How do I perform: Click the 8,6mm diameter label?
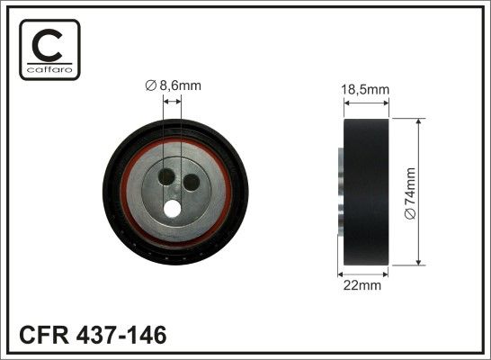(174, 85)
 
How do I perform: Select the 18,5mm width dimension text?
(365, 90)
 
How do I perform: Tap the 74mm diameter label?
(410, 193)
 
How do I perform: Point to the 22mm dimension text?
(362, 285)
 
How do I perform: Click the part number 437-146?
(121, 335)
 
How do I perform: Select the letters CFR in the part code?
(44, 335)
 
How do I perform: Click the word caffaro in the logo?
(49, 69)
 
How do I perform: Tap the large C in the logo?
(48, 45)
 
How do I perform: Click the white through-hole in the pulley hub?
(172, 209)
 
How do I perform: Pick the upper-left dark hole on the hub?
(166, 177)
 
